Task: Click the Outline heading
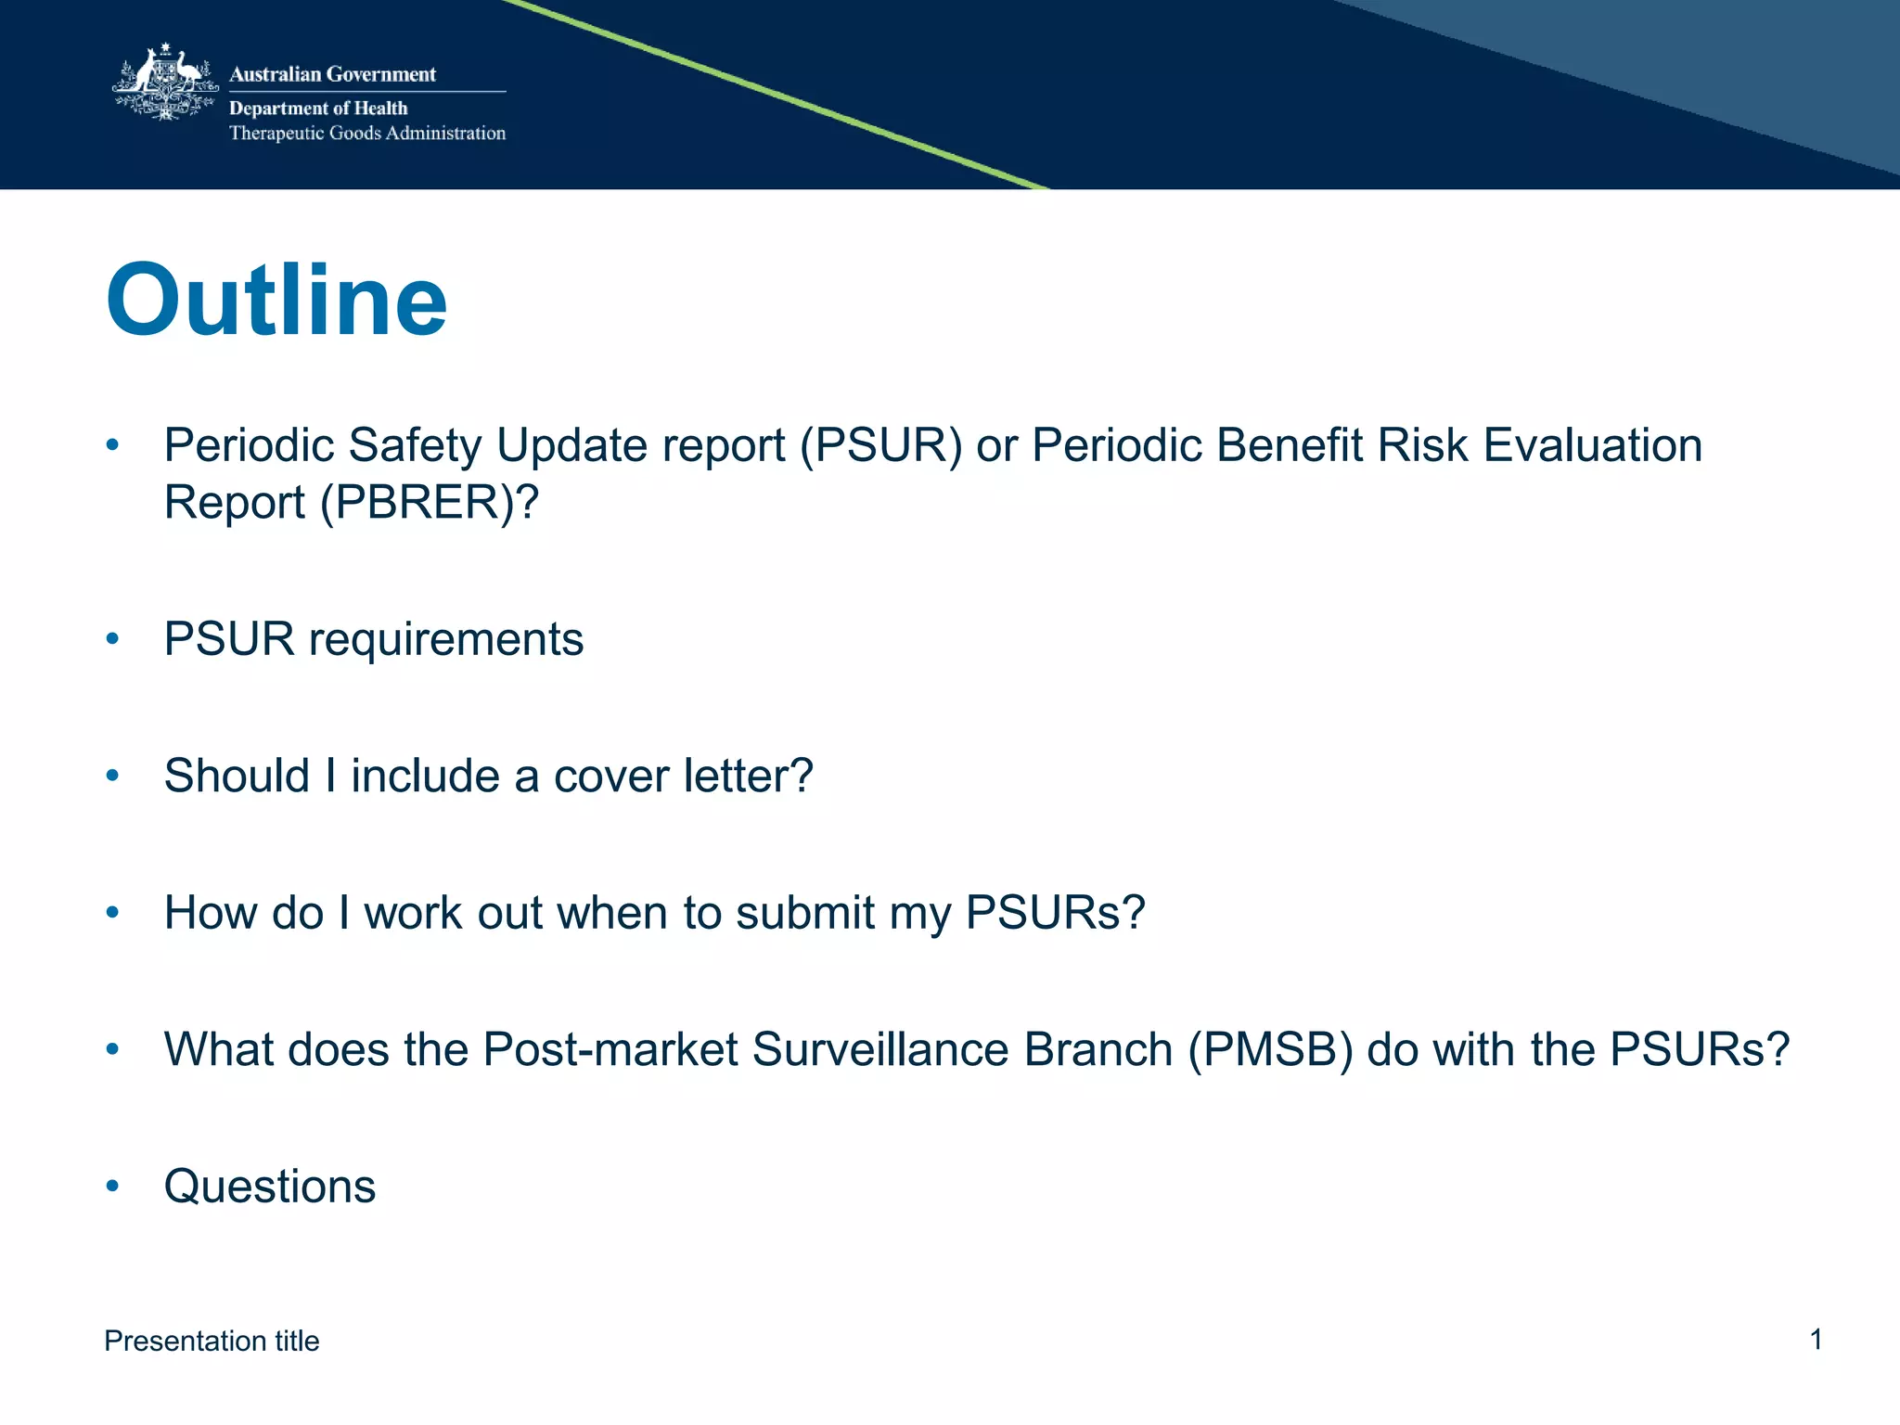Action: [276, 302]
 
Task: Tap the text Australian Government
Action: [332, 74]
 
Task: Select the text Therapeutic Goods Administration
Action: [367, 134]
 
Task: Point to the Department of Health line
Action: [318, 109]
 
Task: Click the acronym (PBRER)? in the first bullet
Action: [429, 503]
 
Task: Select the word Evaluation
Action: [1592, 445]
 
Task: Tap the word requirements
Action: [446, 639]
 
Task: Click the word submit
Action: [805, 913]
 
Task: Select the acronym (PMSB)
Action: [1270, 1050]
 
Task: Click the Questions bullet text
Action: [270, 1187]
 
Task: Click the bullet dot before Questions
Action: [112, 1186]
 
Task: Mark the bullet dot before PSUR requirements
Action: [112, 638]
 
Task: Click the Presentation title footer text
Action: [212, 1342]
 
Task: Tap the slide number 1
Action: [1816, 1340]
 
